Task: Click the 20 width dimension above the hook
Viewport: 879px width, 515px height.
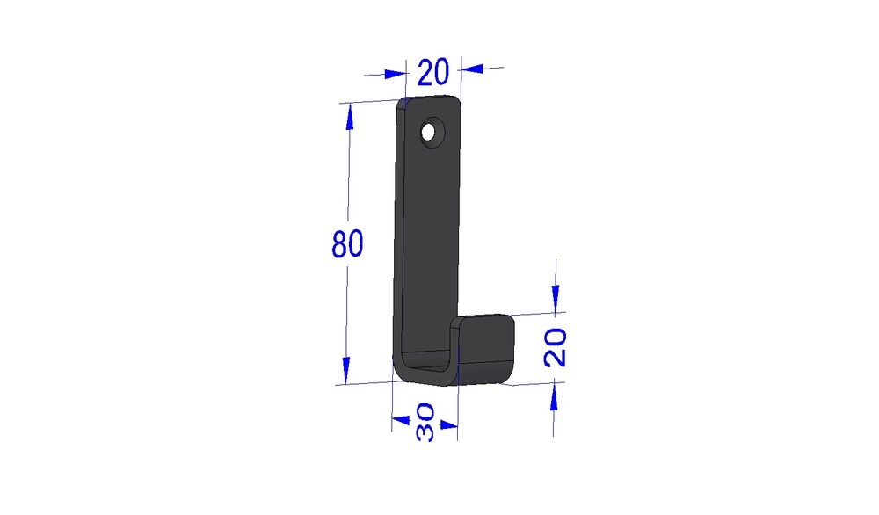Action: point(432,72)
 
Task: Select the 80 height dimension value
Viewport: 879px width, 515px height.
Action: point(347,243)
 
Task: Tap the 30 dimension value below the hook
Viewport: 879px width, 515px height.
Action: point(425,422)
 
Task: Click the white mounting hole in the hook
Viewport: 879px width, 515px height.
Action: point(428,133)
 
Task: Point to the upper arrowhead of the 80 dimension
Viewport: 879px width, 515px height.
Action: point(350,119)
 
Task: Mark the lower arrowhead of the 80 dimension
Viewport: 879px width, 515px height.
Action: point(345,370)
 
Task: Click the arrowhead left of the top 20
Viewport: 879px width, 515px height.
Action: point(395,74)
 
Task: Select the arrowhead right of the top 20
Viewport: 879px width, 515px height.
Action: point(472,69)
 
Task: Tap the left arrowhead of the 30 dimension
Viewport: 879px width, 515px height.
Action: point(401,420)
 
